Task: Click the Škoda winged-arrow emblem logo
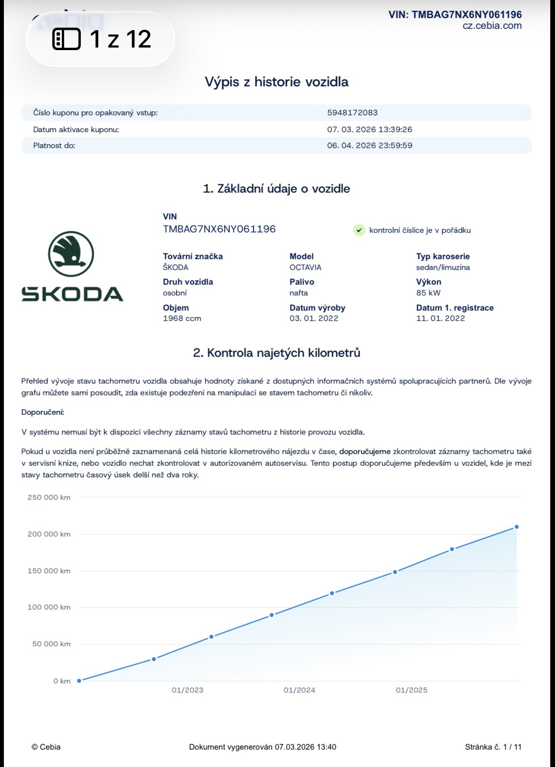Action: pyautogui.click(x=71, y=254)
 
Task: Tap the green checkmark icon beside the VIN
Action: pyautogui.click(x=359, y=230)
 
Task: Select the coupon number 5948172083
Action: pyautogui.click(x=352, y=113)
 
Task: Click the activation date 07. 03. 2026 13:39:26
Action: pyautogui.click(x=370, y=129)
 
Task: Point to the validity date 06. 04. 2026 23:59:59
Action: pyautogui.click(x=370, y=146)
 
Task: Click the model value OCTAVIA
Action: pyautogui.click(x=305, y=267)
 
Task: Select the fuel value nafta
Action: pyautogui.click(x=299, y=293)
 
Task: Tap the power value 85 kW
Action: pyautogui.click(x=428, y=293)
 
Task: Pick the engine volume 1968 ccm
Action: pyautogui.click(x=182, y=318)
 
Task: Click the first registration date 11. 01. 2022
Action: pyautogui.click(x=440, y=318)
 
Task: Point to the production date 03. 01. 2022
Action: pyautogui.click(x=314, y=318)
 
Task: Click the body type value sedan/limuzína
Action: pyautogui.click(x=443, y=267)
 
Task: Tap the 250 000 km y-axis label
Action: pyautogui.click(x=49, y=497)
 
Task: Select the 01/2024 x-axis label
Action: pyautogui.click(x=300, y=690)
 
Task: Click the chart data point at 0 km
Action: pyautogui.click(x=79, y=681)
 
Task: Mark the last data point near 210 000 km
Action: pyautogui.click(x=517, y=527)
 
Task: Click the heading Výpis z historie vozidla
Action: pyautogui.click(x=277, y=82)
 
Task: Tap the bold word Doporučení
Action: pyautogui.click(x=43, y=412)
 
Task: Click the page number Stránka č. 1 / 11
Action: pyautogui.click(x=493, y=747)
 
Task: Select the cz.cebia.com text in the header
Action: pyautogui.click(x=492, y=25)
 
